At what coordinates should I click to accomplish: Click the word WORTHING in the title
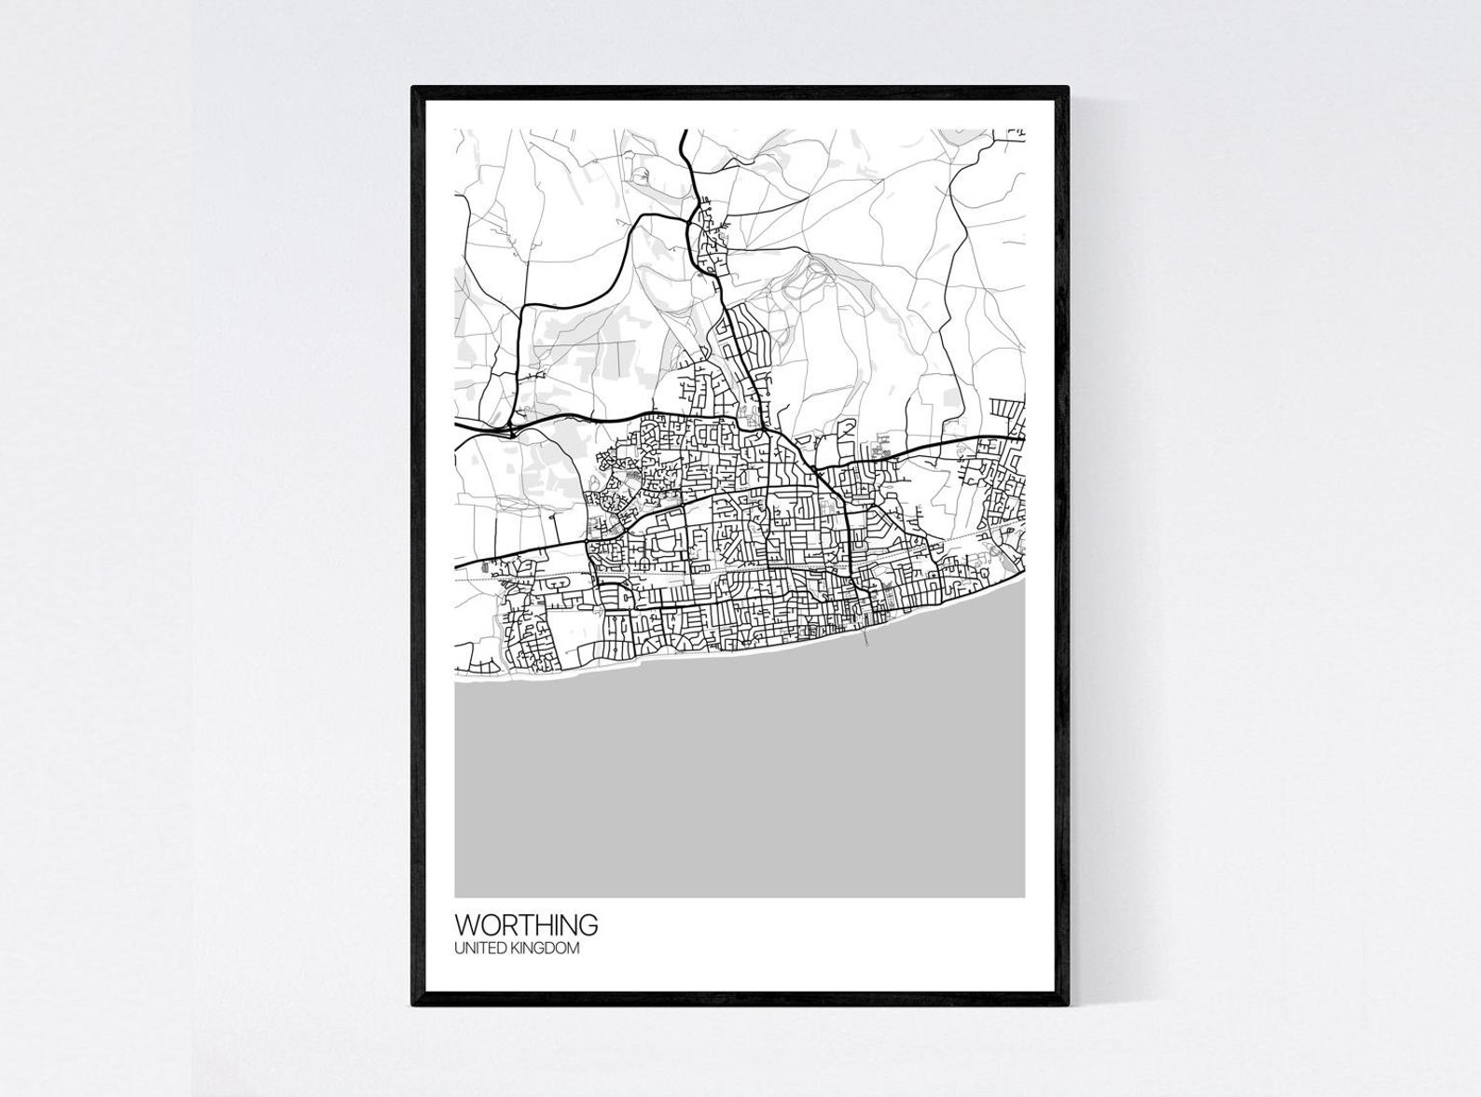click(526, 925)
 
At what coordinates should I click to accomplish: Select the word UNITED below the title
click(478, 949)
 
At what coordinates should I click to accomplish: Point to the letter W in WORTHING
click(467, 925)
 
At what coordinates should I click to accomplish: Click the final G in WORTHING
click(588, 925)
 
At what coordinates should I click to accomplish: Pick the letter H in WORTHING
click(544, 925)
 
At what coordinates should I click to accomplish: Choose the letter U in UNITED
click(459, 949)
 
